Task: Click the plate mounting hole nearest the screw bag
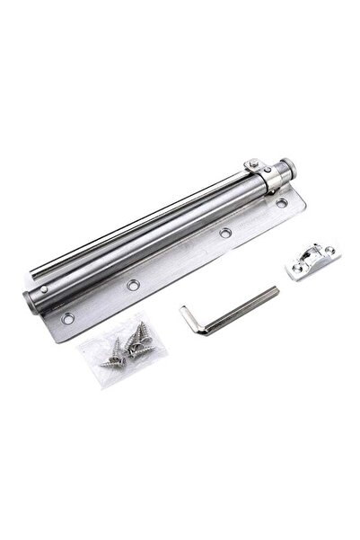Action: click(67, 318)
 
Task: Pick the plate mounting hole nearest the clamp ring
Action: click(281, 203)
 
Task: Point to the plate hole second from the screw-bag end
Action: click(134, 285)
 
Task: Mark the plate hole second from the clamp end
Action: click(225, 233)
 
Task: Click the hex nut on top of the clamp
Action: click(254, 164)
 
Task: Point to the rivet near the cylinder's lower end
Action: click(42, 289)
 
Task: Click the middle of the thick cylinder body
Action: click(153, 236)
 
